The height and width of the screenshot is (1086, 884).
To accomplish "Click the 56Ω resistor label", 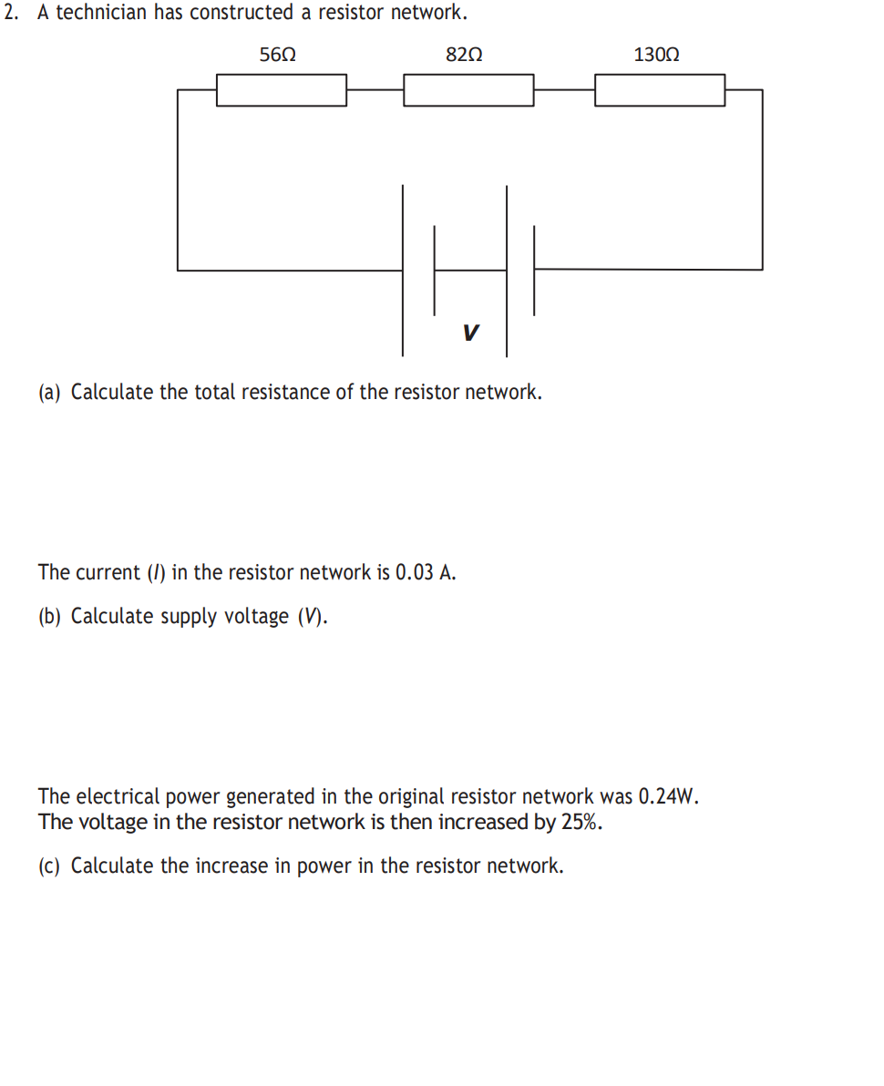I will [x=277, y=55].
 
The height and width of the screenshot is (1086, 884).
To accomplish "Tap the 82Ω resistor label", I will [x=464, y=55].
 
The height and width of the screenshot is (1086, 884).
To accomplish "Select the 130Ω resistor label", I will [x=656, y=55].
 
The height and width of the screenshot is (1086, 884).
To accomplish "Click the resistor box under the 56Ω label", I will [x=281, y=90].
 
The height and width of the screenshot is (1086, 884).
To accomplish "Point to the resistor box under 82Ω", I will [x=468, y=90].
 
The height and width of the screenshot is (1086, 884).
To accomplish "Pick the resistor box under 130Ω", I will [x=660, y=90].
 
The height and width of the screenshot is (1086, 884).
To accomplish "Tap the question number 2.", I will [x=11, y=14].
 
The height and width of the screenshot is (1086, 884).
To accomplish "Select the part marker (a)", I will [x=51, y=393].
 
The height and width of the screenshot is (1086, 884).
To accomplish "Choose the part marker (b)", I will [x=51, y=617].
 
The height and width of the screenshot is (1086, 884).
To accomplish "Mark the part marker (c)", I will [x=51, y=866].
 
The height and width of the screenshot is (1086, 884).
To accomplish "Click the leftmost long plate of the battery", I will [x=403, y=270].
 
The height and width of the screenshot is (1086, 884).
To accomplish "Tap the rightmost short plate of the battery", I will [x=533, y=270].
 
